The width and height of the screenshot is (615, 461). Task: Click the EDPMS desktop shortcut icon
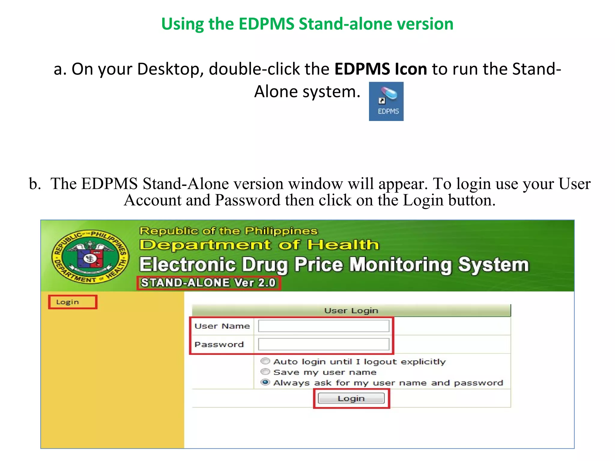click(386, 101)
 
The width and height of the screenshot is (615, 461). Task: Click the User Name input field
click(323, 326)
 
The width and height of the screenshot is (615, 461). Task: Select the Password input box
click(323, 344)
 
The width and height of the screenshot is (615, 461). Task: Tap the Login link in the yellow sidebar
click(68, 302)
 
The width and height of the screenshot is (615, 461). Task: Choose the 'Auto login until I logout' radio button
click(265, 361)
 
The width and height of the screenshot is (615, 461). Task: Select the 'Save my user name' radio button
click(265, 372)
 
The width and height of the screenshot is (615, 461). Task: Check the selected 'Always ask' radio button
click(265, 382)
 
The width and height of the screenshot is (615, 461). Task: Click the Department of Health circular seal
click(90, 257)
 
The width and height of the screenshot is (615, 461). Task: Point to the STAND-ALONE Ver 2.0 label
click(208, 283)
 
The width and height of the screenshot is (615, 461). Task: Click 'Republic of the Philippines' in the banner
click(228, 231)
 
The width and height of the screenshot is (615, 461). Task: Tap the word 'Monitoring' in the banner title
click(401, 265)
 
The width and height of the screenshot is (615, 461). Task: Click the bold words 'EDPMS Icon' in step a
click(380, 69)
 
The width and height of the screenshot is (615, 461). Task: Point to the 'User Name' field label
click(222, 326)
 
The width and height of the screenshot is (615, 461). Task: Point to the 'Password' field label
click(219, 344)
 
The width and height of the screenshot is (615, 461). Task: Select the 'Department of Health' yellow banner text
click(259, 245)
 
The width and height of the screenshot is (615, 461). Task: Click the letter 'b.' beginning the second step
click(35, 184)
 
